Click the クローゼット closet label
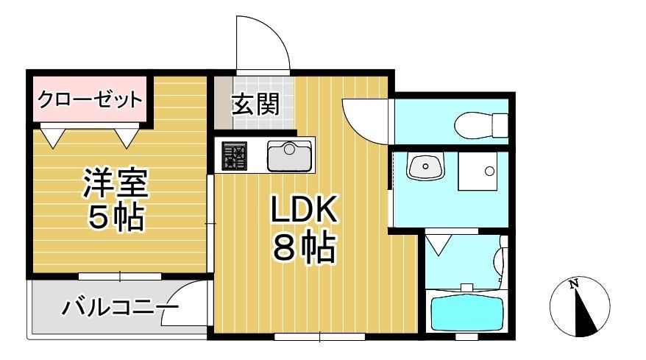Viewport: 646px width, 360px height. pyautogui.click(x=89, y=99)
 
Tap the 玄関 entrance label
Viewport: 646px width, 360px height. pyautogui.click(x=255, y=105)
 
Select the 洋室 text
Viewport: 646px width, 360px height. pyautogui.click(x=116, y=184)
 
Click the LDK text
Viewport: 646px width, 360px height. pyautogui.click(x=304, y=212)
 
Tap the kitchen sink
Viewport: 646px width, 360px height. pyautogui.click(x=288, y=155)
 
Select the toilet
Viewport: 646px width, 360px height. pyautogui.click(x=478, y=123)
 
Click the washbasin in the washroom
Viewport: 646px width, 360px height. pyautogui.click(x=425, y=167)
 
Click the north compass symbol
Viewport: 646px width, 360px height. pyautogui.click(x=581, y=306)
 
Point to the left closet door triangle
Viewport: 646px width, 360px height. pyautogui.click(x=52, y=136)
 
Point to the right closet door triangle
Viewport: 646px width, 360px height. pyautogui.click(x=127, y=136)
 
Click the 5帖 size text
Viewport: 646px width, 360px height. pyautogui.click(x=116, y=217)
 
